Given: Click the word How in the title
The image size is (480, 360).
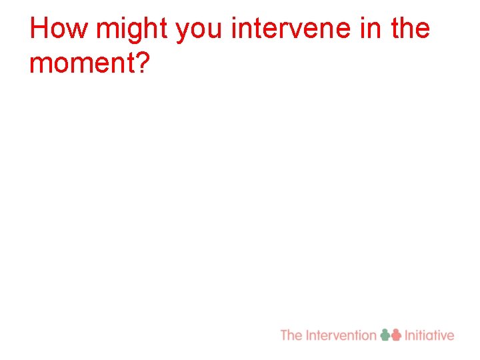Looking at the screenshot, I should [59, 29].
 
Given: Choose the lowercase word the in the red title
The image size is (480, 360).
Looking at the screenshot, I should [409, 29].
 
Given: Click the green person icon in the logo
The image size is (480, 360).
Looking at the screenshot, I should [385, 335].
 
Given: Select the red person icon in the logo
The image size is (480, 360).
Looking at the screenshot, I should [396, 335].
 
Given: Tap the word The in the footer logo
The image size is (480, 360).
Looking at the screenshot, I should [291, 335].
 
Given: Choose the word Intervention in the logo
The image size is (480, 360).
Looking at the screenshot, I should [341, 335].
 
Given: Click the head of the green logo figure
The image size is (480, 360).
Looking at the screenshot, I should [385, 331].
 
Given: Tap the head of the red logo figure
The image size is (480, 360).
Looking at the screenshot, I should [396, 331].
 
